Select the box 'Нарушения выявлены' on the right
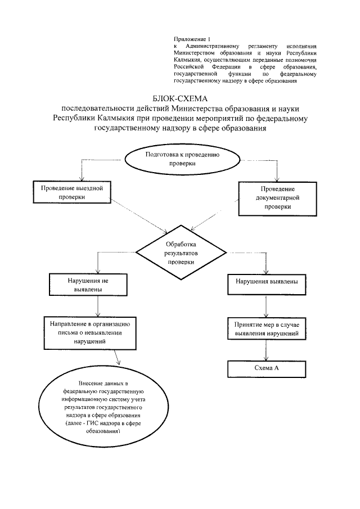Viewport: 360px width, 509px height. (x=266, y=282)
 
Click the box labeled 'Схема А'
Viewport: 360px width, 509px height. (x=267, y=368)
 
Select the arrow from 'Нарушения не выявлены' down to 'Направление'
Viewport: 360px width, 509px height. (x=99, y=305)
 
